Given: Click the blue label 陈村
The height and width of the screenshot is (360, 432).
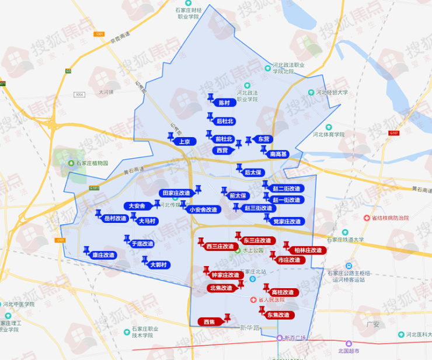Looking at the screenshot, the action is coord(224,103).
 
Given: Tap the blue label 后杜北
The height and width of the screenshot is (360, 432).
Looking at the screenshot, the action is coord(224,121).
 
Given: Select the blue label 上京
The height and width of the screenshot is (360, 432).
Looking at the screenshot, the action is coord(185,141).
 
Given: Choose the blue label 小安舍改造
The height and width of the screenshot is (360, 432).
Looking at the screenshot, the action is coord(203,209).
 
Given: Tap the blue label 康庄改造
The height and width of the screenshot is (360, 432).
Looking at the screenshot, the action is coord(103,255).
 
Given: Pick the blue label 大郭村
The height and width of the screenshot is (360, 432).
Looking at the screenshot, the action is coord(158,265).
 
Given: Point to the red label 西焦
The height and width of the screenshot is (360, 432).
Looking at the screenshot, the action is coord(208,321).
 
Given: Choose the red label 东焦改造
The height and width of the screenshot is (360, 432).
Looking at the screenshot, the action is coord(278,315).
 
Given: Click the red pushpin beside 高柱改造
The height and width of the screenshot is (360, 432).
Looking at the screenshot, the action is coord(266,287).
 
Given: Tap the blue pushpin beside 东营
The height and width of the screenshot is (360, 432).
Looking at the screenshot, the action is coord(248,140).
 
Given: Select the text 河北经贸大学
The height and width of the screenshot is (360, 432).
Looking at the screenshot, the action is coord(332,92).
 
